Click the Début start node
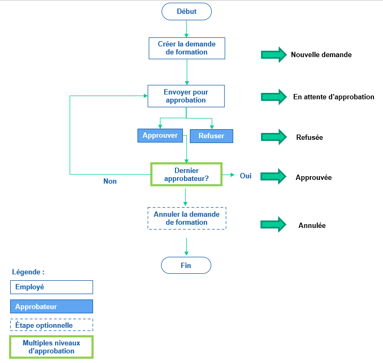coord(186,11)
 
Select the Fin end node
coord(186,265)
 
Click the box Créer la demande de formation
coord(186,48)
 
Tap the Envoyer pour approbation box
coord(186,96)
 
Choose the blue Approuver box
coord(160,136)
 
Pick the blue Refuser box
coord(211,136)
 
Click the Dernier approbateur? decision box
coord(186,175)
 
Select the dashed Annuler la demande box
coord(186,218)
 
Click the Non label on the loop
coord(110,181)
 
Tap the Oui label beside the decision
coord(246,176)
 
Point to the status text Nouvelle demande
coord(321,54)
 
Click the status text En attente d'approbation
coord(333,97)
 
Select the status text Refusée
coord(309,137)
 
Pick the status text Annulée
coord(312,225)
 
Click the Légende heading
coord(28,272)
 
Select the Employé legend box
coord(51,287)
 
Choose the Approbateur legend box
coord(51,306)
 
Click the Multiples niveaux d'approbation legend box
coord(51,347)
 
